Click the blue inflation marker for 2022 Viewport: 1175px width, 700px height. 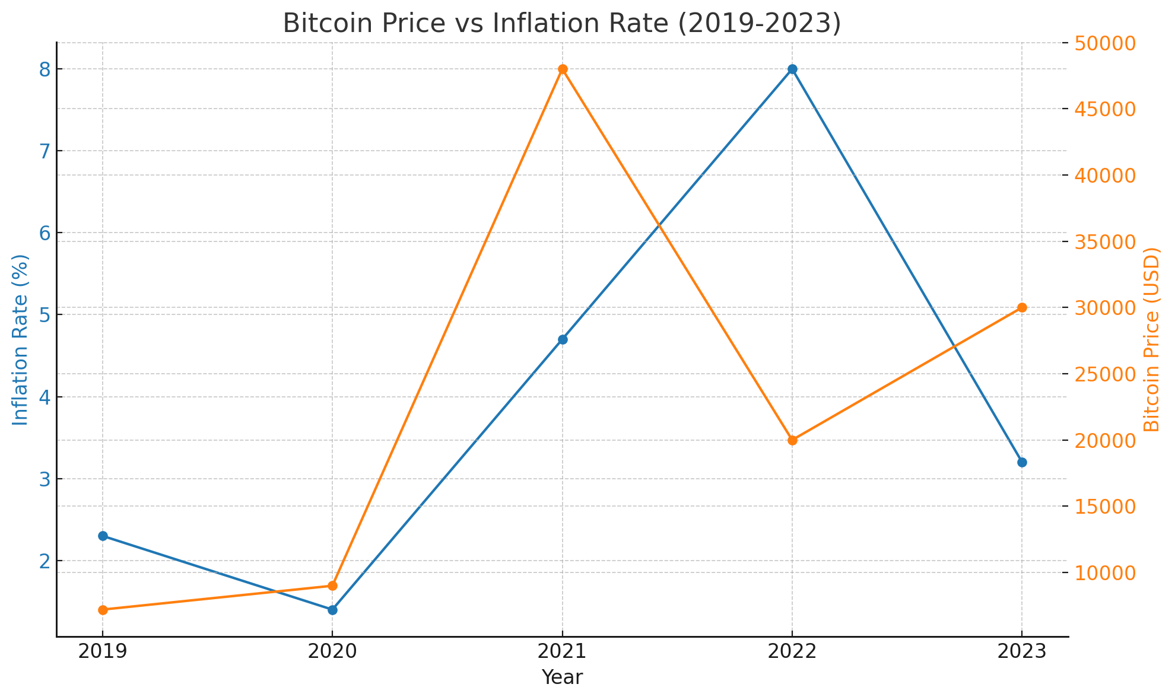(x=792, y=69)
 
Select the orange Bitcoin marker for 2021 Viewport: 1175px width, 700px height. (x=563, y=69)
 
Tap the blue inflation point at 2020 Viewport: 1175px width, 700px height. (x=332, y=610)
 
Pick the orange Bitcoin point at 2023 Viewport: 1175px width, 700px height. (x=1022, y=307)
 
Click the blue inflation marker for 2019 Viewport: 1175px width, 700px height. (x=103, y=536)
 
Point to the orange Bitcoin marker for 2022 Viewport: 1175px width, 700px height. (x=792, y=440)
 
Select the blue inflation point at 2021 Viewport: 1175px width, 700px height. (x=563, y=339)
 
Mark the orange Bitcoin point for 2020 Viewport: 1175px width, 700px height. (x=332, y=586)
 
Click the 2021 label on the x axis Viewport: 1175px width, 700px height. (x=562, y=653)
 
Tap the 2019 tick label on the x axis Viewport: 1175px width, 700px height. (x=103, y=653)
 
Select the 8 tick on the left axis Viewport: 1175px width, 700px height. (x=45, y=70)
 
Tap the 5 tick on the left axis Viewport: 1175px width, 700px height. (x=45, y=315)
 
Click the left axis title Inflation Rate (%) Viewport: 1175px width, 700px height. (x=21, y=339)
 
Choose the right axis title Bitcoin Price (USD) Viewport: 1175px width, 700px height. (x=1151, y=339)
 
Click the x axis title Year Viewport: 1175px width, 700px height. (x=562, y=677)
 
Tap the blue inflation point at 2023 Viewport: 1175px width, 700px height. (x=1022, y=462)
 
